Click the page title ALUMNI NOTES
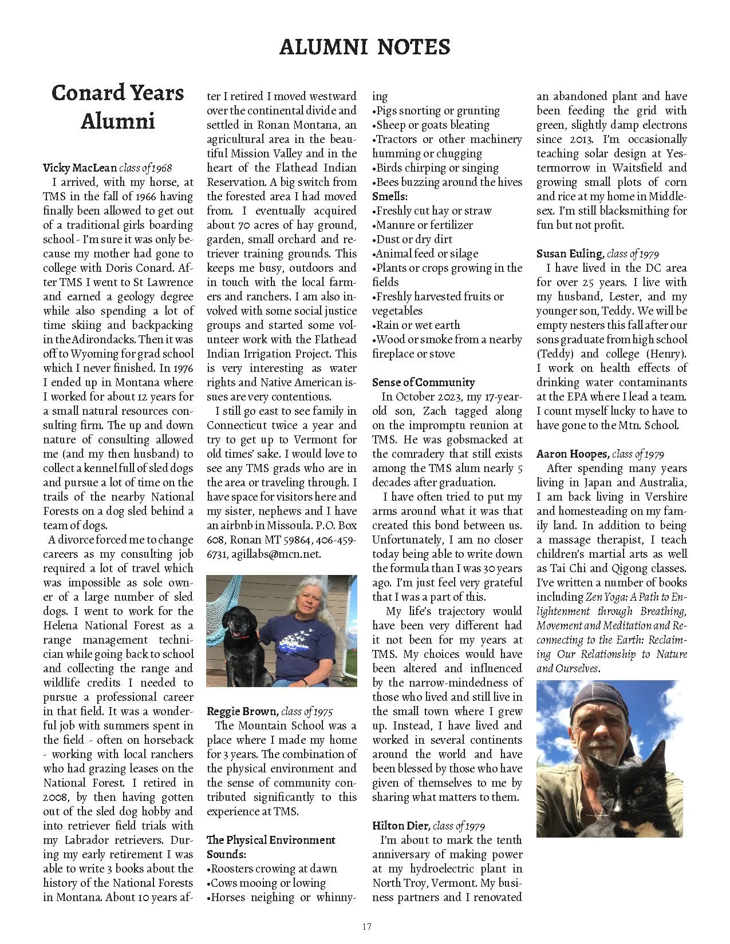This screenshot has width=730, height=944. [365, 47]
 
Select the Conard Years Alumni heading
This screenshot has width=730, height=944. [117, 107]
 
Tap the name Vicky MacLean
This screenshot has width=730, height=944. [80, 168]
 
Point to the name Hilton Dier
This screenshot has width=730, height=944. [401, 826]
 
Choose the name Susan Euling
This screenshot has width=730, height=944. [570, 253]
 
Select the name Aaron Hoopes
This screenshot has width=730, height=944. [572, 454]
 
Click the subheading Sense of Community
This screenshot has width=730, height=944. [423, 382]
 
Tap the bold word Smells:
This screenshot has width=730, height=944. [389, 196]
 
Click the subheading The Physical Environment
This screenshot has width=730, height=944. [271, 840]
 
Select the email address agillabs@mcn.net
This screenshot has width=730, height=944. [276, 554]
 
